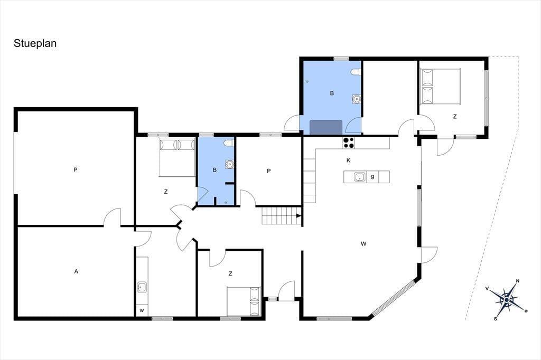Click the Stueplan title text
point(35,44)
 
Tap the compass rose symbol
point(507,300)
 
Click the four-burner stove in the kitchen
point(349,143)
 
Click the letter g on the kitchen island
point(372,176)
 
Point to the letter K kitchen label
point(349,160)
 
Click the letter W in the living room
point(363,244)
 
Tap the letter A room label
point(76,271)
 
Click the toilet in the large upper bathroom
point(356,72)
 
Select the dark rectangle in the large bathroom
point(326,127)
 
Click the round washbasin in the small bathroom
point(229,164)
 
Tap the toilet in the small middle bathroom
point(229,143)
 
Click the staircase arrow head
point(299,216)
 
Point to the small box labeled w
point(142,310)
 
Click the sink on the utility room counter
point(142,287)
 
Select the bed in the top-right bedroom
point(441,86)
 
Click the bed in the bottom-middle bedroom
point(244,301)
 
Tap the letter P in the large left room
point(75,169)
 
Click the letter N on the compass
point(518,281)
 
